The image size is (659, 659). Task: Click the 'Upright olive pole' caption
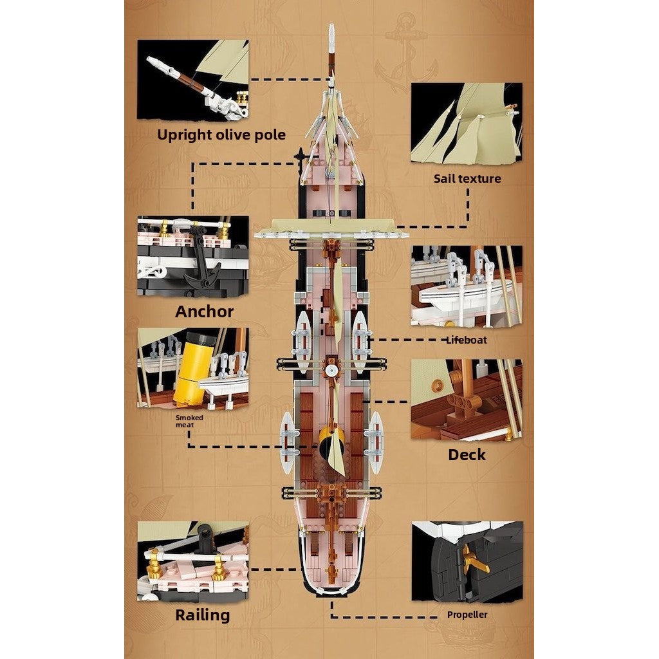click(x=221, y=135)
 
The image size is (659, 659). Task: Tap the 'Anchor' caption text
click(x=204, y=311)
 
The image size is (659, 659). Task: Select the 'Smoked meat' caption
click(x=189, y=421)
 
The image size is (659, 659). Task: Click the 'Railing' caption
click(x=203, y=615)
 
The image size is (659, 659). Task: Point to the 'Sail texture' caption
click(x=467, y=179)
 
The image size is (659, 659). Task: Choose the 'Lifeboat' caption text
click(x=467, y=340)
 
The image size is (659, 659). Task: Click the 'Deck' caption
click(x=467, y=455)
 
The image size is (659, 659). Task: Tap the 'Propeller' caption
click(x=467, y=615)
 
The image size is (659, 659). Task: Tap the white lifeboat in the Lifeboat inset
click(x=462, y=293)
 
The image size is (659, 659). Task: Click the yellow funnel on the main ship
click(x=331, y=444)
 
